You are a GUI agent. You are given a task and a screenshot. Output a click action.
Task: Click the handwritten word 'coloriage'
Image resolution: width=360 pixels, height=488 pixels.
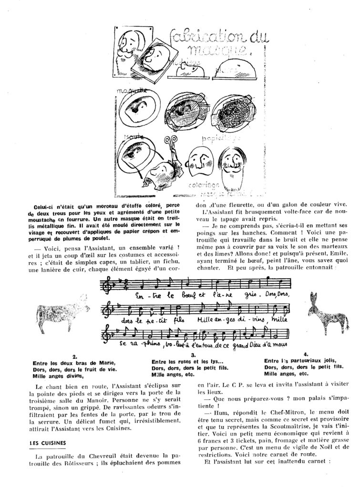[203, 185]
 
